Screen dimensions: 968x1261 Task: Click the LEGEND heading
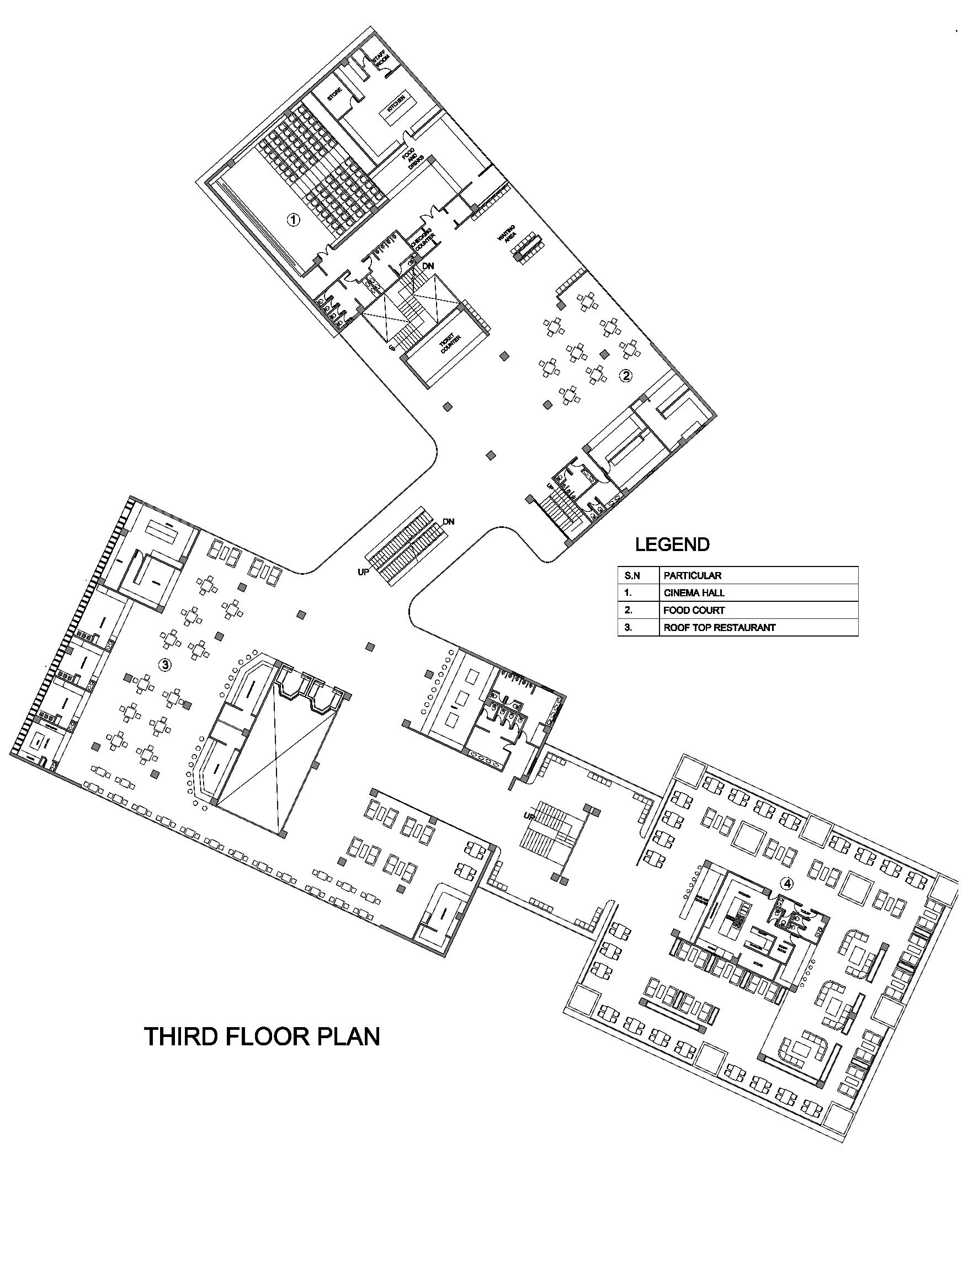[672, 544]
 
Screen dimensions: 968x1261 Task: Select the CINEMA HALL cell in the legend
[694, 592]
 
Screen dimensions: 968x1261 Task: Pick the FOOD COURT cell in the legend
[694, 610]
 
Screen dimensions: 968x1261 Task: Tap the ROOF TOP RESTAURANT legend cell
[719, 627]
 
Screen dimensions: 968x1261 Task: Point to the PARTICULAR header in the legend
[692, 575]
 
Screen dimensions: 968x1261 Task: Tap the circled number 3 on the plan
[165, 665]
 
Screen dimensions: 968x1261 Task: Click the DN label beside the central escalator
[448, 522]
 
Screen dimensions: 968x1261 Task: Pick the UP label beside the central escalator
[364, 573]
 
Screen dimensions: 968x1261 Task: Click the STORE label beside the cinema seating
[335, 94]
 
